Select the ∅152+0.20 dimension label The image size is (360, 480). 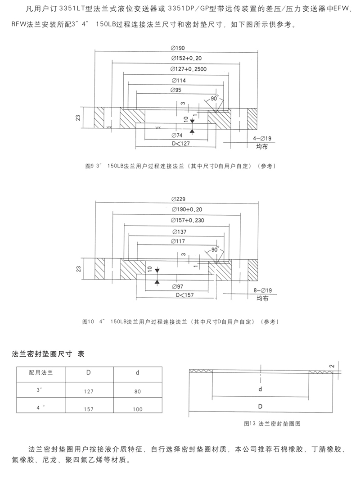point(186,59)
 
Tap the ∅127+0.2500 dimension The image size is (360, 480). point(189,70)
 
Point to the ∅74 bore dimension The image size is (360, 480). point(177,136)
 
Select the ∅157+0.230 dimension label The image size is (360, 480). point(188,221)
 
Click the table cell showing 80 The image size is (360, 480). point(138,391)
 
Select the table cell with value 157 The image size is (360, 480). point(88,409)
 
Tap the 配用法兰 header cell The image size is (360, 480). point(41,373)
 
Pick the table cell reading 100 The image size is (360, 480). point(138,409)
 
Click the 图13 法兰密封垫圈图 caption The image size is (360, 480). point(272,424)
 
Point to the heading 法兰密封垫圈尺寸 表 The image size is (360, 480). point(48,354)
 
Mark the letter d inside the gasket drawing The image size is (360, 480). point(260,388)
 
